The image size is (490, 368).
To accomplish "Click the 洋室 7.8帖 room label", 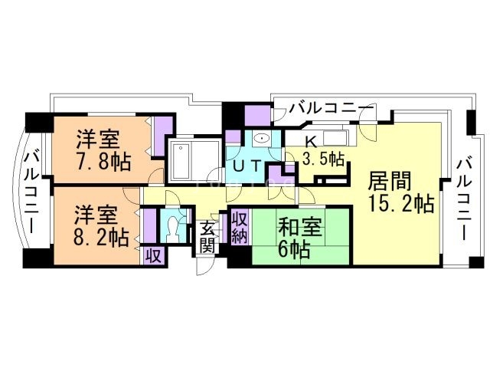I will click(102, 150).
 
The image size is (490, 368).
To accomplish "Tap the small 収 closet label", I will click(152, 256).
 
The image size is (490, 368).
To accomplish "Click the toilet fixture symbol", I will click(173, 227).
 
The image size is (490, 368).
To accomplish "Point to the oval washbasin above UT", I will click(263, 139).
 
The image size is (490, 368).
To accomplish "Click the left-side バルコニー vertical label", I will click(31, 192).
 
